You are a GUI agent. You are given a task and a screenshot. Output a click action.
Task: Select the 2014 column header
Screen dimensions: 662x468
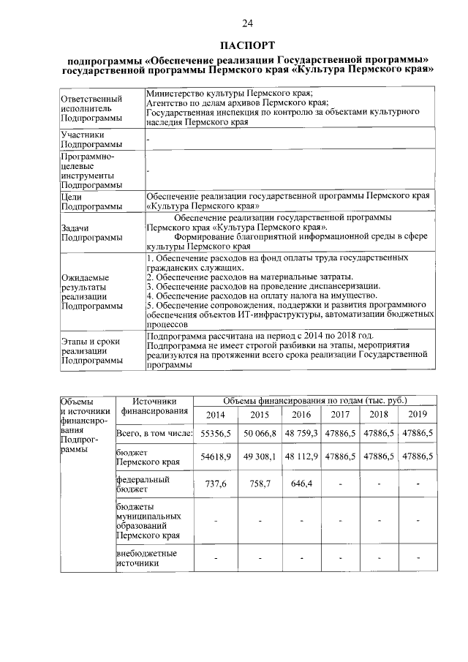click(x=216, y=415)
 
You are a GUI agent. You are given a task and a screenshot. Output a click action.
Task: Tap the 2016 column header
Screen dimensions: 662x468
click(x=301, y=415)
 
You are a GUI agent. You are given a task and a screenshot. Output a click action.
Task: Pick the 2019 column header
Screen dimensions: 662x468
click(x=418, y=415)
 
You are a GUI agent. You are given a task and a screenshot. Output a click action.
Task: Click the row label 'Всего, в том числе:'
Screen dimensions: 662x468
click(x=154, y=434)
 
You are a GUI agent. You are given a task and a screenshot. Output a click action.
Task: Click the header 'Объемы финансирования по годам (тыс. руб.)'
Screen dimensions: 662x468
click(x=314, y=400)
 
